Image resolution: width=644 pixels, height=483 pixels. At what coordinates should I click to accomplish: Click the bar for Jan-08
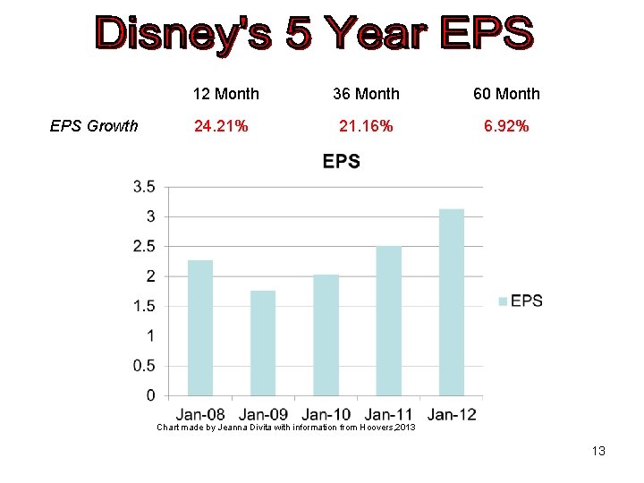point(200,327)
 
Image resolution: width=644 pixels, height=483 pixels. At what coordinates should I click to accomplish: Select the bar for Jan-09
point(263,343)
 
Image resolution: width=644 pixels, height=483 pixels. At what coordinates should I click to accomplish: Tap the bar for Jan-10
point(326,335)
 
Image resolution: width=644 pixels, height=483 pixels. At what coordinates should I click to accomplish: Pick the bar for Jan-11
point(389,320)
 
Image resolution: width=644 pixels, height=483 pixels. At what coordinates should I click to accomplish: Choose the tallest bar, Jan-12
point(452,301)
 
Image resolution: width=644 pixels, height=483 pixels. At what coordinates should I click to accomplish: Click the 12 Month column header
point(226,94)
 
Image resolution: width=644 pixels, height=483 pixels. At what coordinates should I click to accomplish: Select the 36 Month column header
point(366,94)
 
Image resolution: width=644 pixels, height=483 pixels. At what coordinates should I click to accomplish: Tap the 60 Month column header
point(506,94)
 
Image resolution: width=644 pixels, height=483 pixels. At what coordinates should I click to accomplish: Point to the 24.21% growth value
point(221,126)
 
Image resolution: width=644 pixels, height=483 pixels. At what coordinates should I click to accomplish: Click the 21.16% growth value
point(365,126)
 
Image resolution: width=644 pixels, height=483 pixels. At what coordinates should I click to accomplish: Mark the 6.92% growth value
point(506,126)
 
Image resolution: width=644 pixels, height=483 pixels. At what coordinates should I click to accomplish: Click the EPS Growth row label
point(94,126)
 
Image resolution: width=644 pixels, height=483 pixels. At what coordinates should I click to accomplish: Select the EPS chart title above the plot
point(341,162)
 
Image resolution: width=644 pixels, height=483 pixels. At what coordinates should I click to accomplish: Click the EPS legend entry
point(521,301)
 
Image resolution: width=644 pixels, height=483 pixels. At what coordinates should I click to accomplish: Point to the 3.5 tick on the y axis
point(144,187)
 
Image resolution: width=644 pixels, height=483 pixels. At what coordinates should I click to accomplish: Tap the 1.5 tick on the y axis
point(144,306)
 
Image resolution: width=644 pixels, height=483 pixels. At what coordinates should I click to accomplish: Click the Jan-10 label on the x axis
point(326,414)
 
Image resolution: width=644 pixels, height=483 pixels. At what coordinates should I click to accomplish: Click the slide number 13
point(598,451)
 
